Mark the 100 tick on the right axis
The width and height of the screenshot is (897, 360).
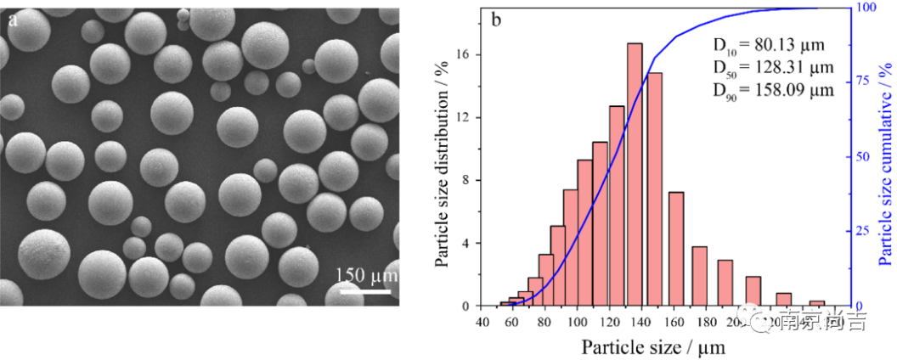[863, 8]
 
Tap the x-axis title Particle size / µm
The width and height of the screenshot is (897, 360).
[654, 346]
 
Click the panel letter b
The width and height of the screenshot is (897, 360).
[496, 20]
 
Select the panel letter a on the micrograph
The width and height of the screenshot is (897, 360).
[13, 20]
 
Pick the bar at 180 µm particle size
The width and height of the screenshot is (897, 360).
[700, 275]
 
